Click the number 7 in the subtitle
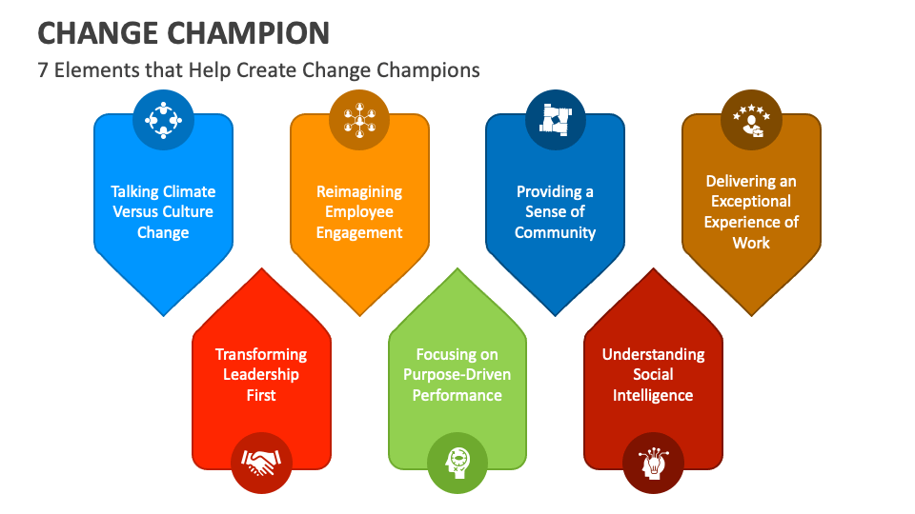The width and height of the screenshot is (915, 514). tap(43, 70)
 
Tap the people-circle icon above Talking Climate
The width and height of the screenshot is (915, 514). tap(163, 120)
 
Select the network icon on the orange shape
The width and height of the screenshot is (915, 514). tap(359, 120)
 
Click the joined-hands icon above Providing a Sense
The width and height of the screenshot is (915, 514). tap(555, 120)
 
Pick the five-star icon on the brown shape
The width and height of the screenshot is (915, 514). tap(751, 120)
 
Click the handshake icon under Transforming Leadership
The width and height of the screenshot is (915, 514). tap(261, 464)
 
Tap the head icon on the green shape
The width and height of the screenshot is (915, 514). tap(457, 464)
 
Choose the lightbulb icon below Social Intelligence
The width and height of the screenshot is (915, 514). tap(653, 464)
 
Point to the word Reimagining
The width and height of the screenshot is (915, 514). tap(359, 191)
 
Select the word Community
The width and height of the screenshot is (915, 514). tap(555, 232)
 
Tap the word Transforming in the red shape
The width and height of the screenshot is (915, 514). tap(261, 354)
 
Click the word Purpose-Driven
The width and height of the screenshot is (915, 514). tap(457, 374)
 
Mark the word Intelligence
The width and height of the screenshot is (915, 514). tap(653, 395)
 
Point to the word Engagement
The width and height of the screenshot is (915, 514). tap(359, 232)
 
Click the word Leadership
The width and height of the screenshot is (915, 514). tap(261, 374)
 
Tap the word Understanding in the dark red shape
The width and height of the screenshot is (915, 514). tap(653, 354)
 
